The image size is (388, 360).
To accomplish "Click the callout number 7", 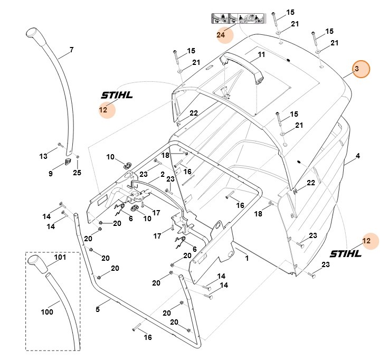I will (71, 50).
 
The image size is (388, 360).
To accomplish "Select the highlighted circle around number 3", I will (361, 69).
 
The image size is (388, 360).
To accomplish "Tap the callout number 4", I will (357, 156).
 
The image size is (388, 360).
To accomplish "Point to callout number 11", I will (261, 55).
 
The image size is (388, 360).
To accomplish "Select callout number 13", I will (43, 156).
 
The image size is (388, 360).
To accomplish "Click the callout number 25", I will (77, 172).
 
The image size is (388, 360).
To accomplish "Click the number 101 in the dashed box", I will (60, 258).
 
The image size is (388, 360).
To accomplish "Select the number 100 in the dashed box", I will (46, 312).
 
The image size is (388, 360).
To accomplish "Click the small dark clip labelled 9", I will (67, 161).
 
